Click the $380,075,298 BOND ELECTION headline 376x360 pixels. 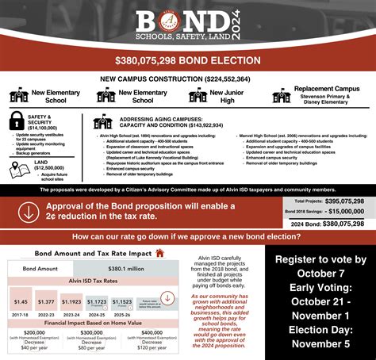(x=187, y=59)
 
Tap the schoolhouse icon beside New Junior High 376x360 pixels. (x=198, y=96)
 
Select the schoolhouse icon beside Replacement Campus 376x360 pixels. (x=281, y=96)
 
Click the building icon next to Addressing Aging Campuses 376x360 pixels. (x=102, y=122)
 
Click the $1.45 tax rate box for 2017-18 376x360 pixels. (x=21, y=301)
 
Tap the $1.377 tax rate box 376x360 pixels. (x=46, y=301)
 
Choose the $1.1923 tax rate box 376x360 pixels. (x=71, y=301)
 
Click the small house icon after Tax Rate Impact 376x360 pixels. (x=159, y=253)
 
